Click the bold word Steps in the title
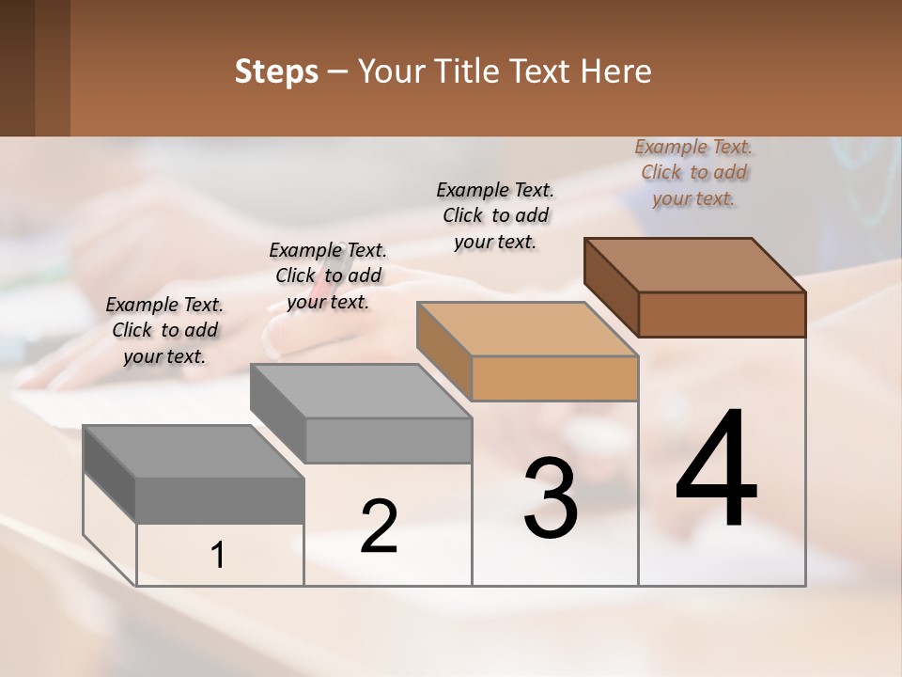pyautogui.click(x=276, y=71)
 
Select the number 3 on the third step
pyautogui.click(x=551, y=498)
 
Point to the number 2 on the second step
pyautogui.click(x=380, y=527)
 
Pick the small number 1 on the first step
pyautogui.click(x=218, y=556)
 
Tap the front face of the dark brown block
pyautogui.click(x=722, y=314)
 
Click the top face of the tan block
pyautogui.click(x=527, y=329)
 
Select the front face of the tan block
pyautogui.click(x=554, y=378)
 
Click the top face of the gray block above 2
pyautogui.click(x=361, y=390)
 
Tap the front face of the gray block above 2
pyautogui.click(x=389, y=440)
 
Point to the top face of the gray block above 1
pyautogui.click(x=194, y=451)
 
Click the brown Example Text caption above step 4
pyautogui.click(x=693, y=172)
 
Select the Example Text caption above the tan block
pyautogui.click(x=495, y=215)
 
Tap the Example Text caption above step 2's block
pyautogui.click(x=328, y=276)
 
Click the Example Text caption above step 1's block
pyautogui.click(x=164, y=330)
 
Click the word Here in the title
pyautogui.click(x=616, y=71)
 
